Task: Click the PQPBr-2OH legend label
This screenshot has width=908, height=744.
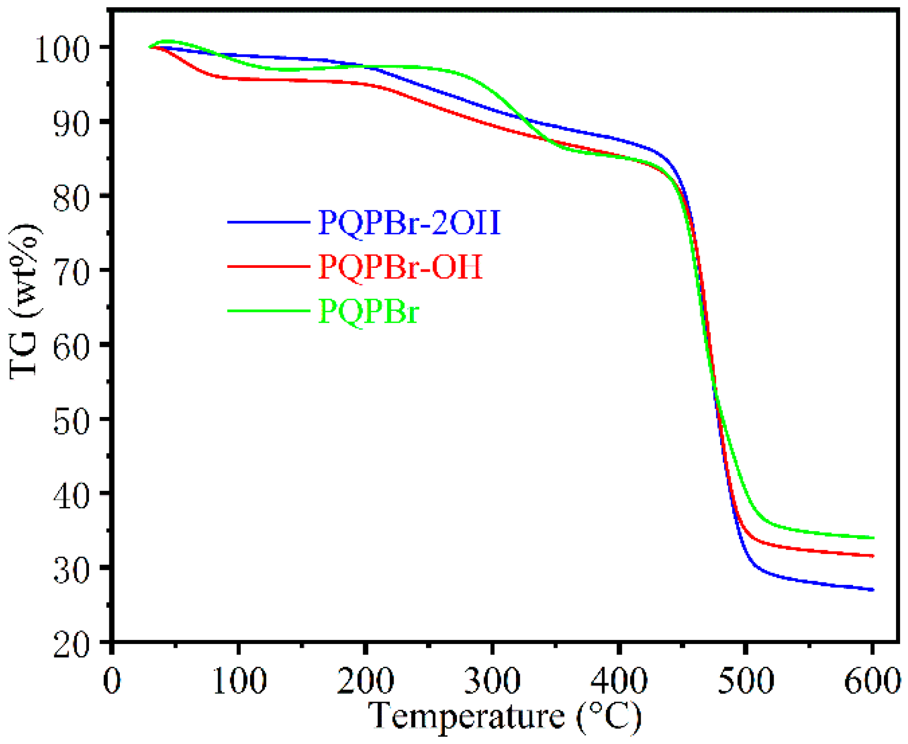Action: pos(409,223)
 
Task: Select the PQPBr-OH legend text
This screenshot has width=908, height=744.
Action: pos(400,267)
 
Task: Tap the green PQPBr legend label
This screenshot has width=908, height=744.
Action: pos(369,312)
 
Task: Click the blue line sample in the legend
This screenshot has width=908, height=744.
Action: pos(268,222)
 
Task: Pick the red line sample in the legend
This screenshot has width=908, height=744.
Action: pos(268,266)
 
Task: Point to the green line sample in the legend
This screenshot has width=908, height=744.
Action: pos(268,311)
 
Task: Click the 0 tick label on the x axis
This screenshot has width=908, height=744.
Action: pos(112,681)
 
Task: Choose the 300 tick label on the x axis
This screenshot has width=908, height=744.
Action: pos(492,681)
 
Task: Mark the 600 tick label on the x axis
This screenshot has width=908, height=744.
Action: pos(872,681)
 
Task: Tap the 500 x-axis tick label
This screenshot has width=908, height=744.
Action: pos(745,681)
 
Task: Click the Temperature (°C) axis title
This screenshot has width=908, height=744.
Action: pos(503,716)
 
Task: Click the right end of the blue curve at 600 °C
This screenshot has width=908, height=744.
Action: pos(872,590)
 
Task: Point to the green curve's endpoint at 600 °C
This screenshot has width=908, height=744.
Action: pos(872,538)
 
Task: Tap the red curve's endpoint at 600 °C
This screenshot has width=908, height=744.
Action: pos(872,556)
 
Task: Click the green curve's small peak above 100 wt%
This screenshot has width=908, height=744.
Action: pos(166,41)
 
